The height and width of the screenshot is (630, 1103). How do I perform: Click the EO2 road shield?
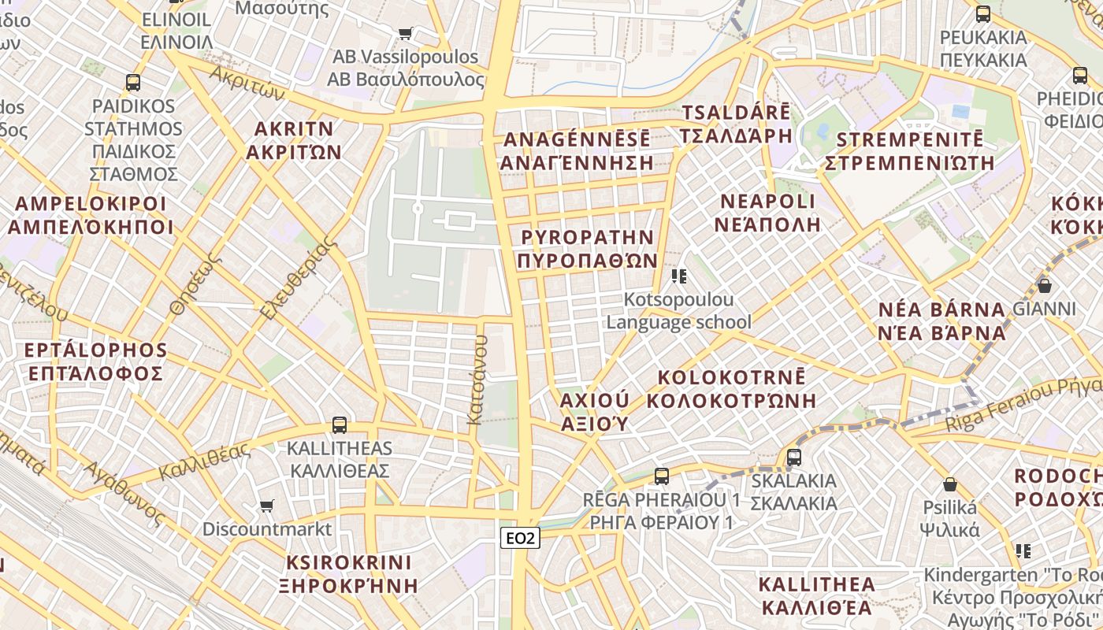tap(521, 538)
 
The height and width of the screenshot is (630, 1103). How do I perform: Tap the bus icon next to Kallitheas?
tap(339, 425)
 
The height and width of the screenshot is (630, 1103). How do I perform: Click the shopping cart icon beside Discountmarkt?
tap(267, 506)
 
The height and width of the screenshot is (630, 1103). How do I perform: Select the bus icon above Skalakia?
tap(793, 457)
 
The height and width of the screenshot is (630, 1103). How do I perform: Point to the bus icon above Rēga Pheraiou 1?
tap(661, 476)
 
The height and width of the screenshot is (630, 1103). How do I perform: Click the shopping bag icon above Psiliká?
tap(950, 484)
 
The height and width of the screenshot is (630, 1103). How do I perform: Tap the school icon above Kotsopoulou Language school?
tap(678, 276)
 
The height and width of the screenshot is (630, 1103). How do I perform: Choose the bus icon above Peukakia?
tap(983, 13)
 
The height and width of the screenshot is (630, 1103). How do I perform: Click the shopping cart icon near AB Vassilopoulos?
tap(405, 34)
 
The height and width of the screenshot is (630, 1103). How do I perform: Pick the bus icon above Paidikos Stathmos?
tap(133, 82)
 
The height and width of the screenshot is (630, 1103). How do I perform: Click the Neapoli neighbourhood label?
tap(767, 213)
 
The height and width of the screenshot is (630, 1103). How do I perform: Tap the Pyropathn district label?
tap(589, 249)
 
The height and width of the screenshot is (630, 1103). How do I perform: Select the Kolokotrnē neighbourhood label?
tap(731, 388)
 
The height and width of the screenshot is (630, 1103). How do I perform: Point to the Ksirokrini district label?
tap(349, 574)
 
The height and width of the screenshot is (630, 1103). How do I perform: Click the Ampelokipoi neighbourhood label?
tap(91, 216)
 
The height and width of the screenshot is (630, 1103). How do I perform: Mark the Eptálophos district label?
tap(96, 361)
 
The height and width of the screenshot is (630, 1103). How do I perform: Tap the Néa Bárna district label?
tap(942, 321)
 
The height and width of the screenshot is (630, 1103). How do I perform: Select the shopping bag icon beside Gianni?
tap(1045, 286)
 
